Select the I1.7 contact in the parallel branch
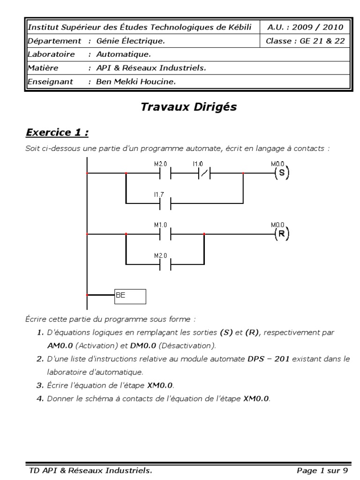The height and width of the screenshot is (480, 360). pyautogui.click(x=165, y=203)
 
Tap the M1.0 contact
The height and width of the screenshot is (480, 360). pyautogui.click(x=165, y=233)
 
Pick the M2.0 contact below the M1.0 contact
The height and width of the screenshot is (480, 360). pyautogui.click(x=165, y=263)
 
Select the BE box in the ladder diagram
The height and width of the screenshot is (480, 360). pyautogui.click(x=130, y=296)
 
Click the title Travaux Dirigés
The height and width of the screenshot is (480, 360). pyautogui.click(x=188, y=107)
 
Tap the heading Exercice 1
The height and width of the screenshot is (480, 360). pyautogui.click(x=57, y=133)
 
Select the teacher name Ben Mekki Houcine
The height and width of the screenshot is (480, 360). pyautogui.click(x=135, y=82)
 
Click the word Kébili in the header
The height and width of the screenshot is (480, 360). pyautogui.click(x=239, y=27)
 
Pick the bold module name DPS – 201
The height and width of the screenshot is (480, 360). pyautogui.click(x=267, y=359)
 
